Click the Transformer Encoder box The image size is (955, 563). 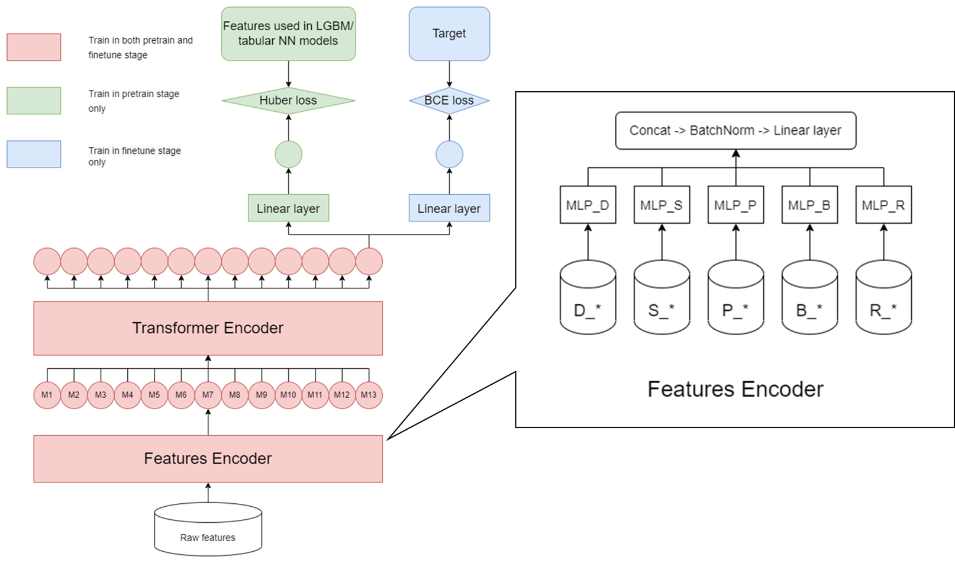coord(208,328)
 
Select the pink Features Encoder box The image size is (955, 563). coord(208,459)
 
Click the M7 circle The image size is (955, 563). coord(208,395)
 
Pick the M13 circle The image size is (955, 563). coord(369,395)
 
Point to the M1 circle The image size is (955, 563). coord(47,395)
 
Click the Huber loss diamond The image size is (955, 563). coord(288,101)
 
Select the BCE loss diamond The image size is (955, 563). coord(449,101)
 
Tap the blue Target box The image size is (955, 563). coord(449,34)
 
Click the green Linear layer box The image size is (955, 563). coord(288,208)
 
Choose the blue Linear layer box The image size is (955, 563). coord(449,208)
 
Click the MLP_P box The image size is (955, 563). coord(735,205)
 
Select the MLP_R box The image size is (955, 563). coord(883,205)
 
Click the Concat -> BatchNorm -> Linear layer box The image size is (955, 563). coord(735,130)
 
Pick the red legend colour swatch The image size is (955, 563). coord(34,47)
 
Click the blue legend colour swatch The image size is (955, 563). coord(34,154)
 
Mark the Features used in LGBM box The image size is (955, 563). coord(288,34)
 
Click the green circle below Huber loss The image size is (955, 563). coord(288,155)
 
